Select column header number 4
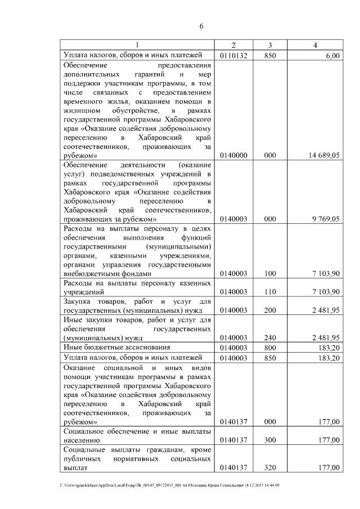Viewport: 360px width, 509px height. [x=316, y=46]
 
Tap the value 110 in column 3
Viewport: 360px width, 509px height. [x=270, y=291]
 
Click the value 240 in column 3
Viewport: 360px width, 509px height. [x=270, y=337]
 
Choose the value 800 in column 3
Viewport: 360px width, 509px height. [x=270, y=348]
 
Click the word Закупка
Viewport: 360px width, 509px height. [x=79, y=301]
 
